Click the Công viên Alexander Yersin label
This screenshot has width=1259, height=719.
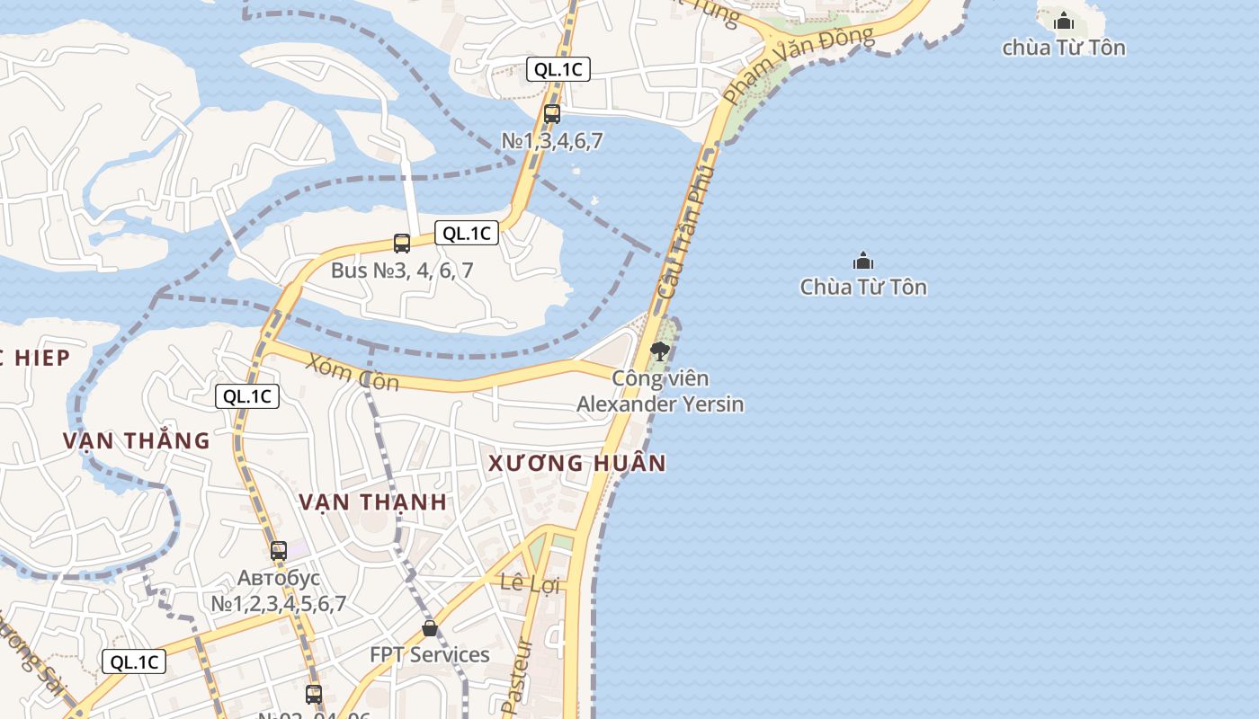coord(660,392)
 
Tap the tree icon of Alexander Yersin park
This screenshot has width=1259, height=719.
coord(660,351)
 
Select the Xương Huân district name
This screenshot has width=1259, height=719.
coord(576,464)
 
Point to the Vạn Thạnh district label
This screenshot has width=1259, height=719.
coord(372,502)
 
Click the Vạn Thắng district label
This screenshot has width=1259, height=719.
coord(136,441)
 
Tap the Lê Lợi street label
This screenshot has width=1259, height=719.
coord(530,584)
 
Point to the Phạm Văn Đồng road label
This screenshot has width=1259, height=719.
coord(798,63)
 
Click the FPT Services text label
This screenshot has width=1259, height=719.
coord(430,654)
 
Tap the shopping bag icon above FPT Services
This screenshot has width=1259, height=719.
coord(430,627)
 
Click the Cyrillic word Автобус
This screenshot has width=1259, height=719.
coord(279,578)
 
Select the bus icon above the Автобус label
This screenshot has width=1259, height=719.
coord(279,551)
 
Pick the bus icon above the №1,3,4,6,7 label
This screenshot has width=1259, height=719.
coord(552,114)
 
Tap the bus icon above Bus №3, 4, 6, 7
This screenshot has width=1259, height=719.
coord(402,243)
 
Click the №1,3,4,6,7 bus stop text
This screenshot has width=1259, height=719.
coord(552,141)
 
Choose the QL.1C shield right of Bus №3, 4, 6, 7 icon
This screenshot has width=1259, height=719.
coord(467,233)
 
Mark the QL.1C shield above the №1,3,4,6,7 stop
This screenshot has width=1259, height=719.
coord(558,69)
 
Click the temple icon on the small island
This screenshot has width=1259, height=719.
coord(1064,21)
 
